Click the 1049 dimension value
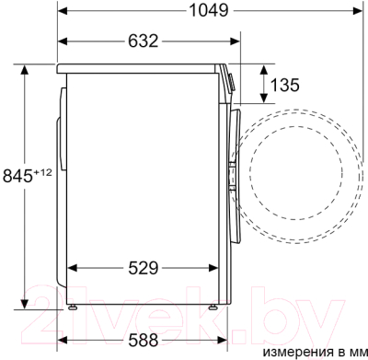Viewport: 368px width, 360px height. pyautogui.click(x=209, y=10)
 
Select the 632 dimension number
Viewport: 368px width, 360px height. pyautogui.click(x=144, y=41)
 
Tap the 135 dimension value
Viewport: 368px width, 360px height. pyautogui.click(x=284, y=85)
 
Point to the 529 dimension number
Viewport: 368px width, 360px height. pyautogui.click(x=144, y=268)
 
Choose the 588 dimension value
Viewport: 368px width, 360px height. pyautogui.click(x=144, y=340)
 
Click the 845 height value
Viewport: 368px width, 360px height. pyautogui.click(x=17, y=176)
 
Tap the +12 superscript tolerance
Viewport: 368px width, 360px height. pyautogui.click(x=42, y=172)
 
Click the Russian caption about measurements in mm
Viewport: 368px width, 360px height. pyautogui.click(x=315, y=353)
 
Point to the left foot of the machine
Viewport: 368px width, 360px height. pyautogui.click(x=73, y=307)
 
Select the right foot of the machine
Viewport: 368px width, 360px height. pyautogui.click(x=213, y=307)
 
